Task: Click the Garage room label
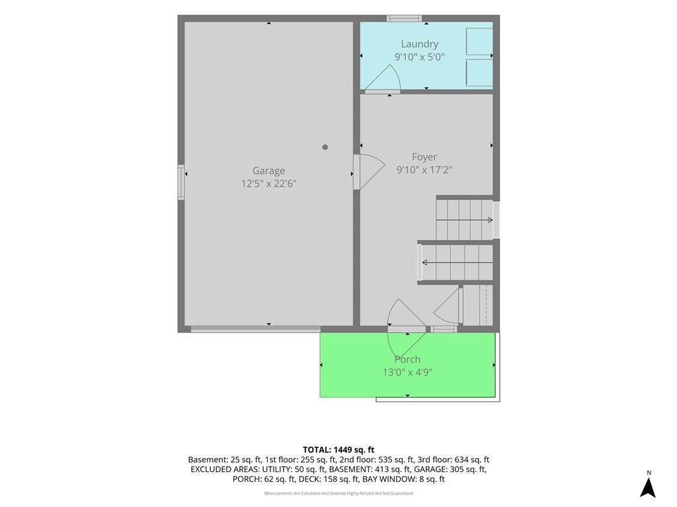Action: [268, 171]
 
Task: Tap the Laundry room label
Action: [420, 44]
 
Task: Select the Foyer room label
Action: [424, 157]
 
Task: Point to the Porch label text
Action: [407, 359]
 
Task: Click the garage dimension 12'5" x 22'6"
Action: [268, 184]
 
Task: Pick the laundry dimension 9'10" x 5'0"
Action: [420, 57]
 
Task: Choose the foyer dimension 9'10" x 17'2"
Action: [424, 170]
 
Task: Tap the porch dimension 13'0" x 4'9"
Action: [407, 372]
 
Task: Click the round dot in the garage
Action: [325, 147]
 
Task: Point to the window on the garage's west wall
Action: [181, 182]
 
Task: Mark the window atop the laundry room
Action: [404, 18]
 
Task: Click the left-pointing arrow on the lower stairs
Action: [458, 263]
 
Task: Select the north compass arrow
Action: [648, 488]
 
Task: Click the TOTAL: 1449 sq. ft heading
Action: [338, 450]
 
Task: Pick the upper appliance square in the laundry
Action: [479, 42]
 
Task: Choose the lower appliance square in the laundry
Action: [479, 73]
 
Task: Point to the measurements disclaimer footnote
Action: [338, 493]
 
